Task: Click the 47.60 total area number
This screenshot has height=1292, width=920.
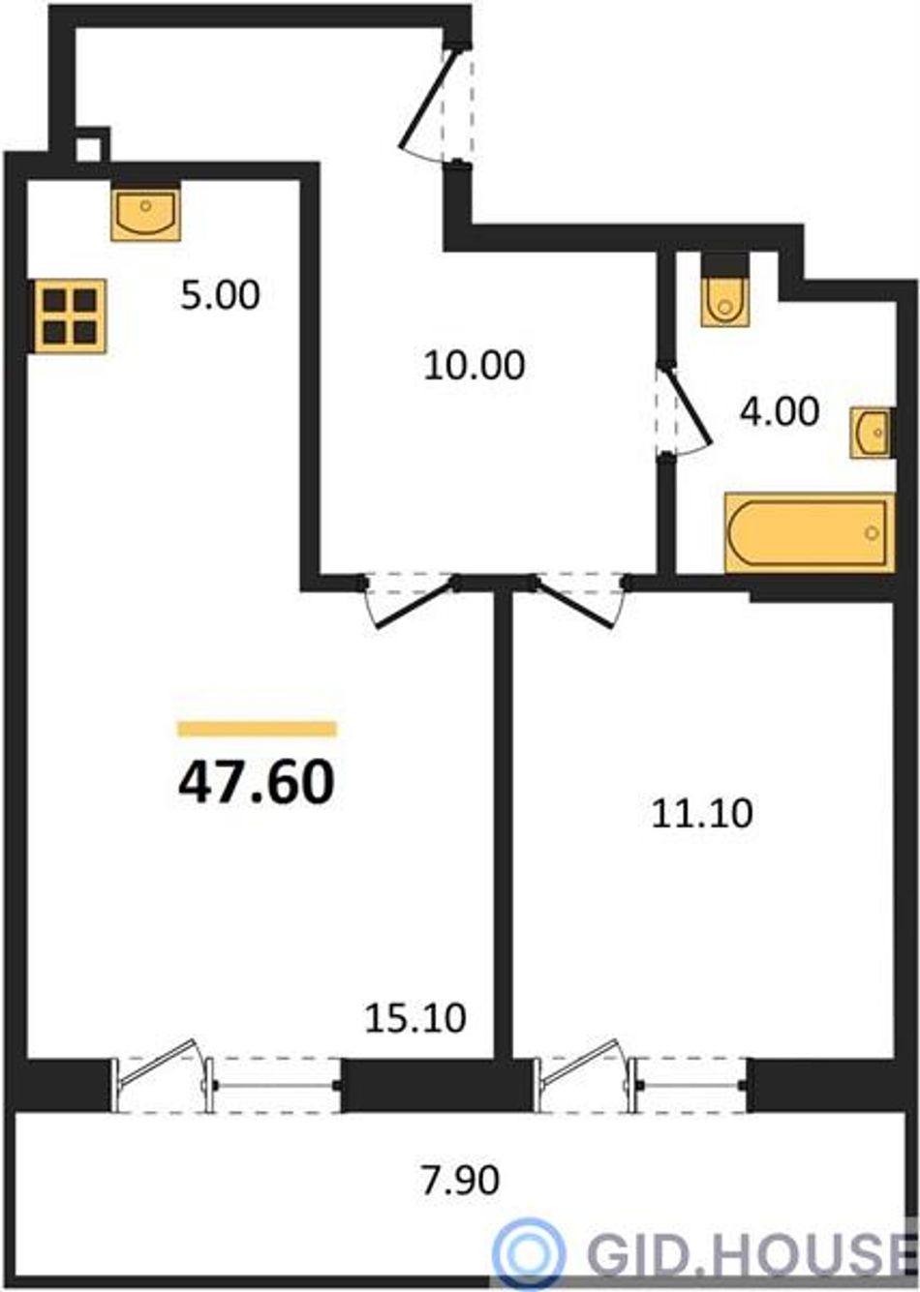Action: click(257, 783)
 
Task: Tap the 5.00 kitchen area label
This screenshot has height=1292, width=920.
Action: click(220, 295)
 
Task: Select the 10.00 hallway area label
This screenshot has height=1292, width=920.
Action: click(474, 365)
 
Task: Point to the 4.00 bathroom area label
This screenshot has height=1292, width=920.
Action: click(780, 412)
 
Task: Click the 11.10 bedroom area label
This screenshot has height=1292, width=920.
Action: click(702, 813)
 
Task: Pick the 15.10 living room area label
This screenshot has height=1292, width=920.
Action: click(415, 1018)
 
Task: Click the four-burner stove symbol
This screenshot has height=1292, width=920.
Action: click(70, 315)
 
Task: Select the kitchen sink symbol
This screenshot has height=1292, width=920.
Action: click(145, 212)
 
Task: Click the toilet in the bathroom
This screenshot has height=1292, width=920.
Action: click(725, 291)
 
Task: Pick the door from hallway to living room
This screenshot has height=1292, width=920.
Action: click(415, 603)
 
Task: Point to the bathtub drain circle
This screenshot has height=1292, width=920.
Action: click(872, 533)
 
